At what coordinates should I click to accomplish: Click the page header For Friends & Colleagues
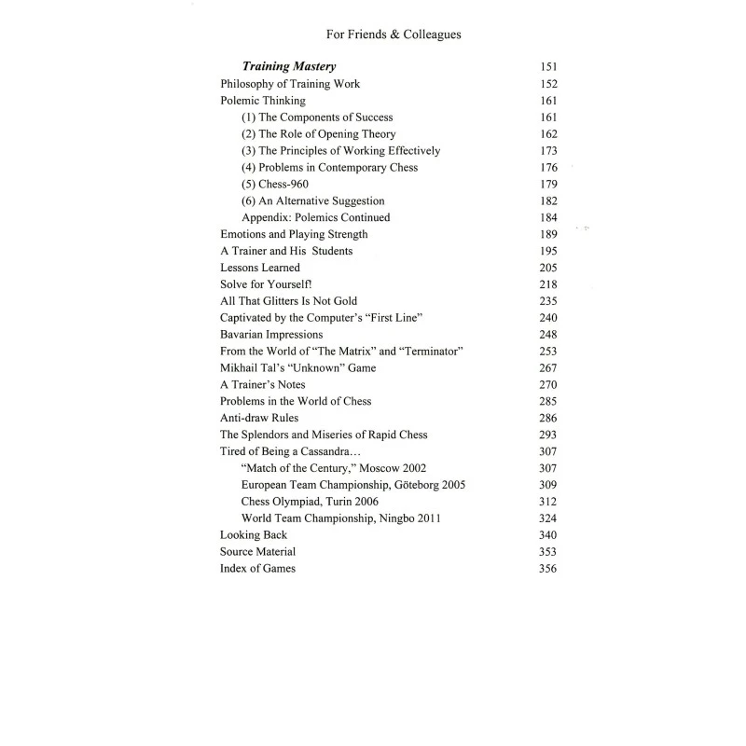[394, 35]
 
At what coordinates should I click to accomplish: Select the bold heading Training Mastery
[289, 67]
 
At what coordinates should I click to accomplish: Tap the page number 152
[547, 84]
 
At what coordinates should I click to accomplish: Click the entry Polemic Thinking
[262, 101]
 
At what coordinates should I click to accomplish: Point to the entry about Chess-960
[274, 184]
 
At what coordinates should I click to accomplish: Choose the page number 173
[547, 151]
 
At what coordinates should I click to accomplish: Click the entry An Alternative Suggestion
[312, 200]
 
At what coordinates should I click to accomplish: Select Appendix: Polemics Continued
[315, 217]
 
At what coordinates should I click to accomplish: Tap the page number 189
[547, 234]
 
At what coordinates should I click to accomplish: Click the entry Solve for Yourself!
[257, 284]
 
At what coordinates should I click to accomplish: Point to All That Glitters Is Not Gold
[286, 301]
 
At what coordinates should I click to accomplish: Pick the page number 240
[547, 318]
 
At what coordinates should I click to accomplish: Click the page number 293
[547, 435]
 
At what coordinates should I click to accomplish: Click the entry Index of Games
[257, 568]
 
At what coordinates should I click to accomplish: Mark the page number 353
[547, 552]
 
